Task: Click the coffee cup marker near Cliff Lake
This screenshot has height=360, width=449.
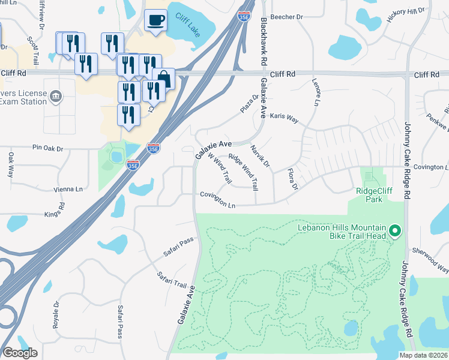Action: [155, 21]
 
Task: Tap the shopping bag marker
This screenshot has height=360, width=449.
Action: [163, 78]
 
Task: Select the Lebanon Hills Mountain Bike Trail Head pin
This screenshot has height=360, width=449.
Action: [394, 230]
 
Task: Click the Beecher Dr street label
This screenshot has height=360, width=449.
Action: [287, 17]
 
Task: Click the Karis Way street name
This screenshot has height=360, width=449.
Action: [284, 118]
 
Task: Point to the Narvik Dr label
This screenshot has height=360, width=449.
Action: [261, 156]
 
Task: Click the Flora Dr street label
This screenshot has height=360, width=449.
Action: [292, 179]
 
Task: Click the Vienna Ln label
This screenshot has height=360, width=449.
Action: [67, 189]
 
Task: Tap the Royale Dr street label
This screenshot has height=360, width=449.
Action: [56, 312]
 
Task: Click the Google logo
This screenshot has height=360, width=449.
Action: [20, 352]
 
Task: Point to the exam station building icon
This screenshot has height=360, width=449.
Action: [56, 96]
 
